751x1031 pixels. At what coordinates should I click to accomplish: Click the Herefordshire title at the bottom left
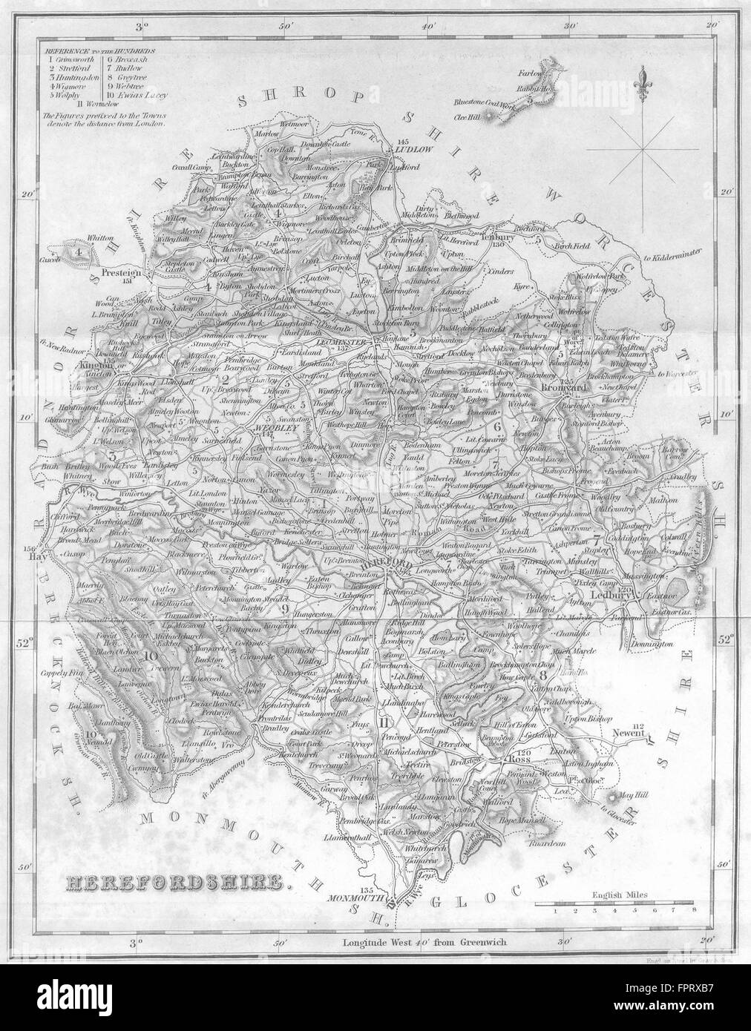175,883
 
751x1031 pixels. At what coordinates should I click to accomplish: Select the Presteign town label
122,271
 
